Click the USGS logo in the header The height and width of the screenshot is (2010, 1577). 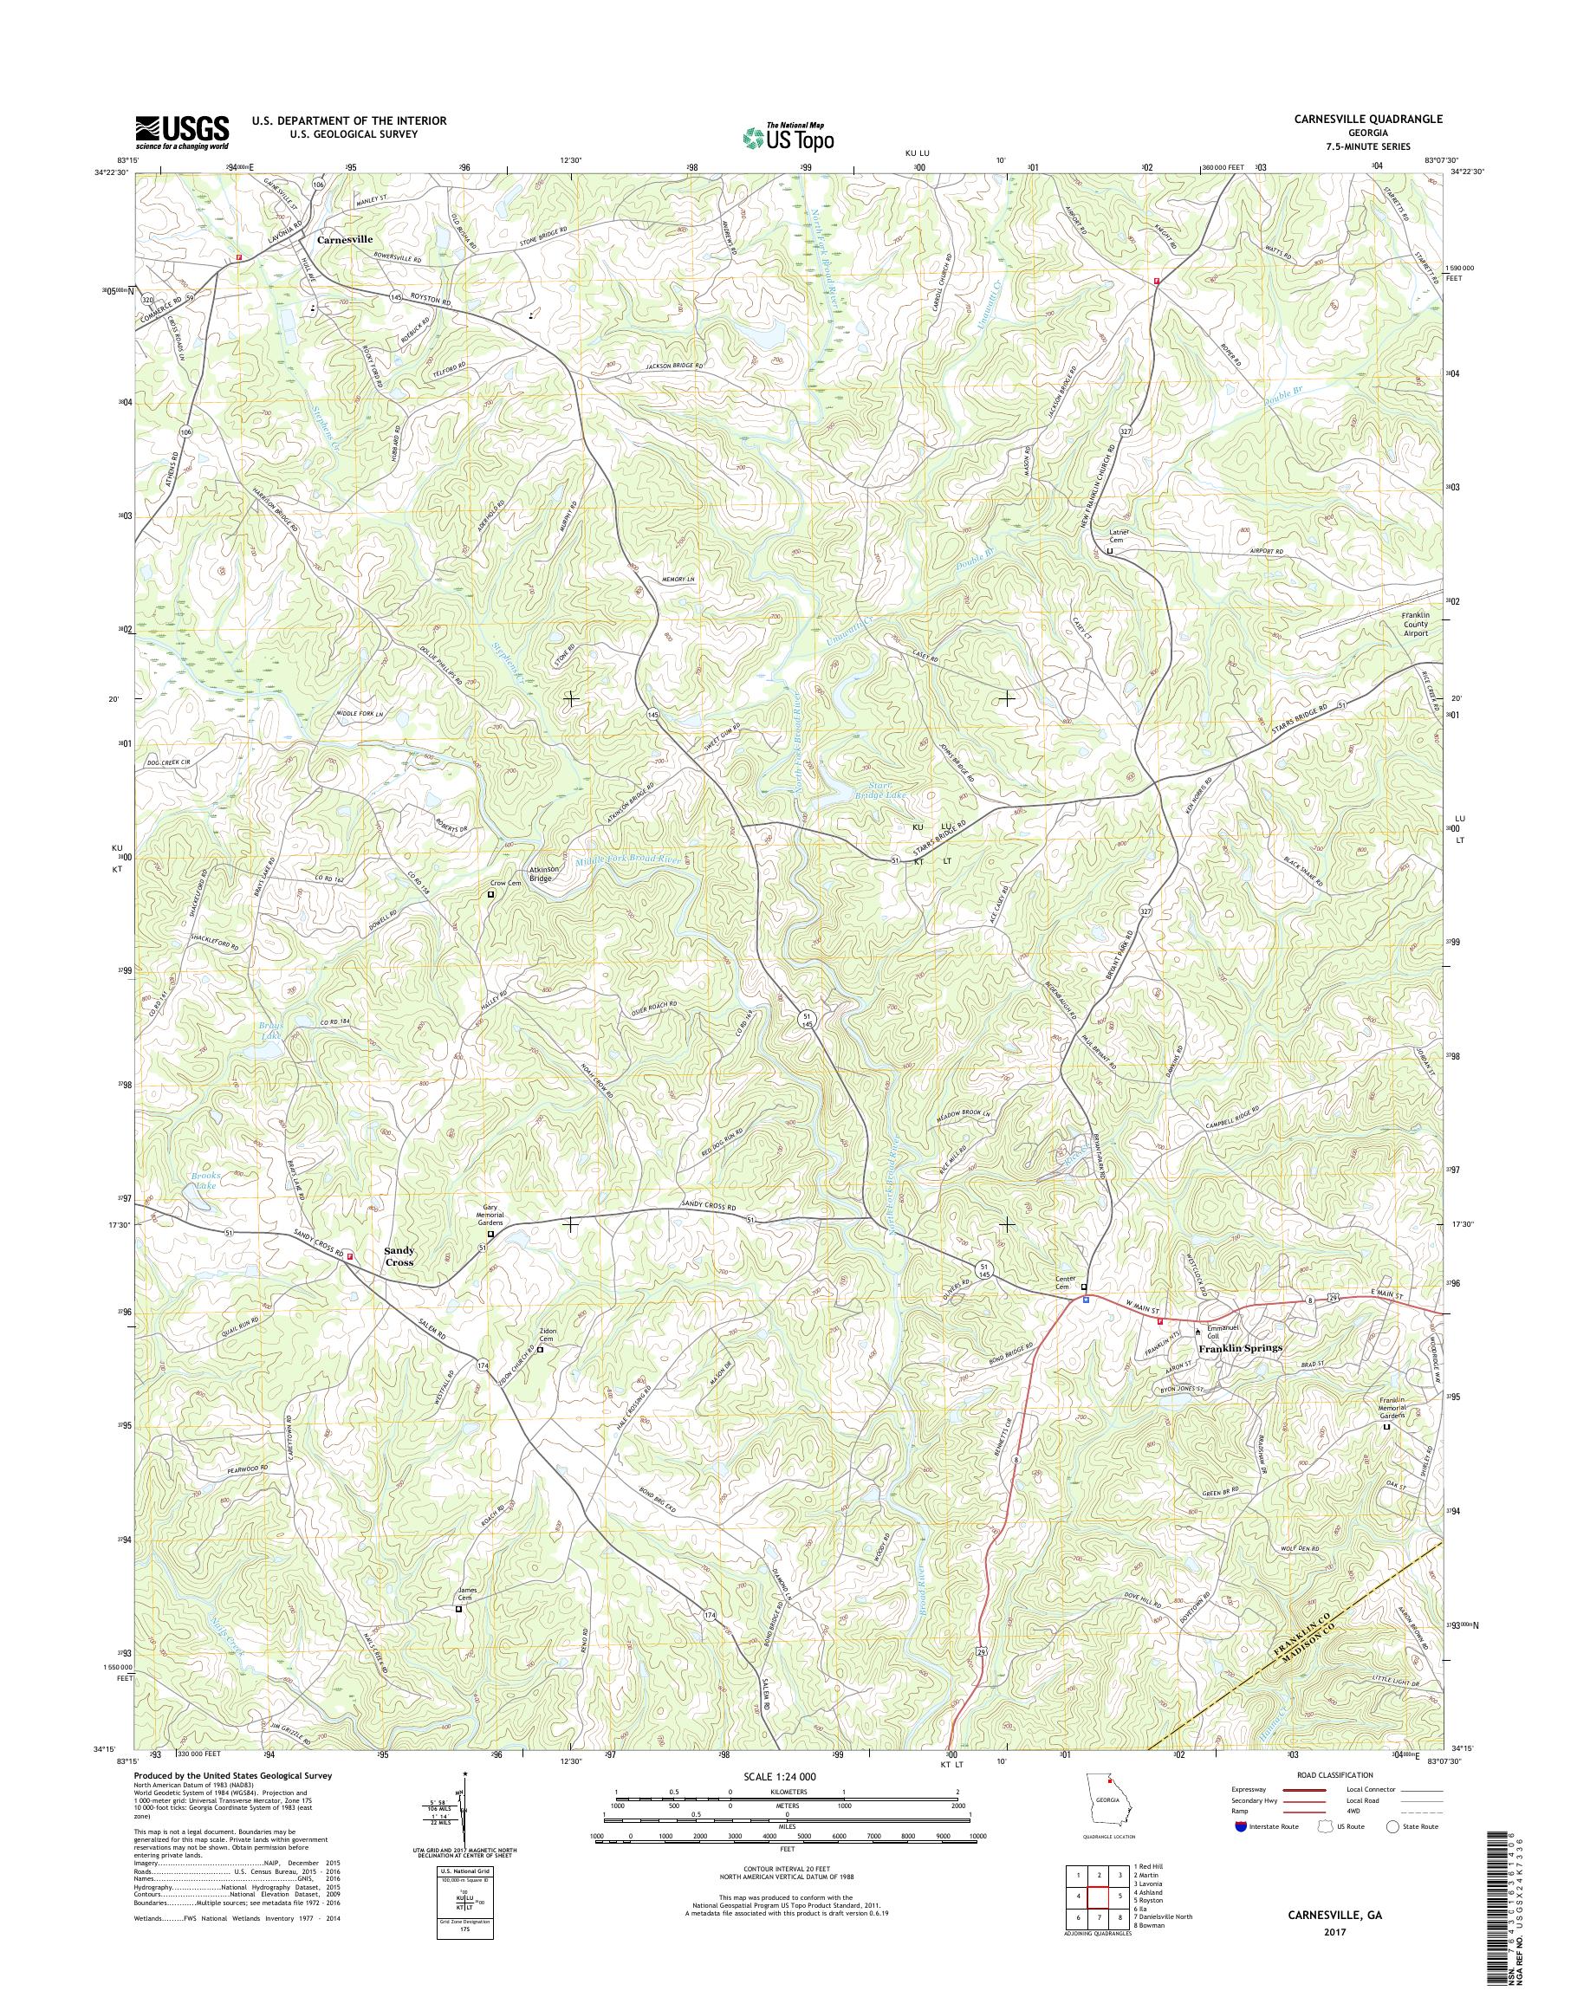[x=182, y=132]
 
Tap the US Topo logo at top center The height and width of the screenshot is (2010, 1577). [x=788, y=137]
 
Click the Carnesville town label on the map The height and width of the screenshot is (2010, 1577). [x=344, y=238]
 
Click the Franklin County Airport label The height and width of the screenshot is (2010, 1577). [x=1414, y=625]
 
